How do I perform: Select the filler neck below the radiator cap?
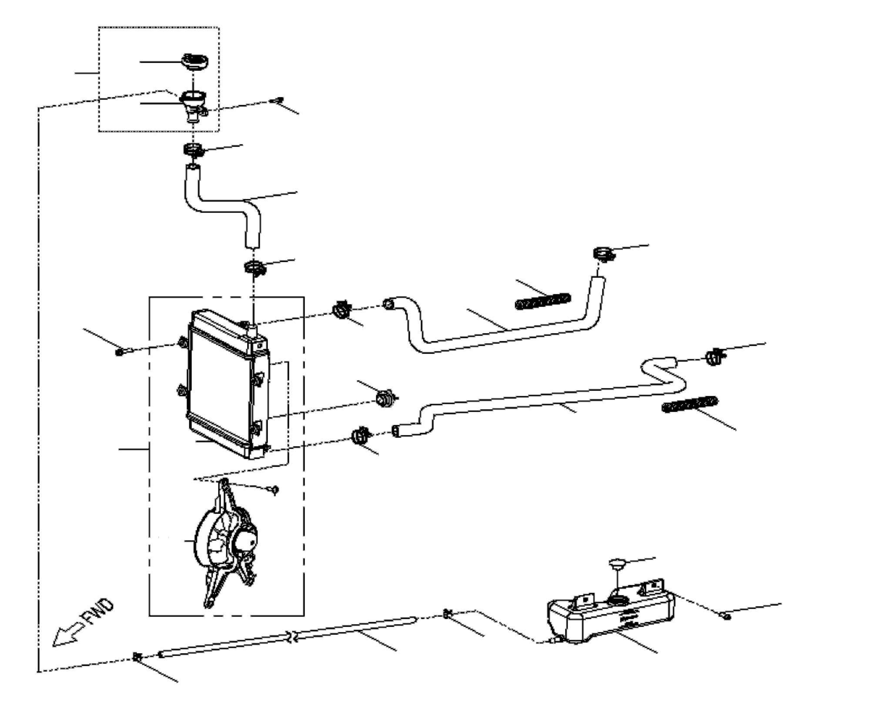194,107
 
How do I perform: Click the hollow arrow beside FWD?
67,634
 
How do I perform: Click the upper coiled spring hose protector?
543,301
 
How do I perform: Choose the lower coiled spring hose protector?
689,404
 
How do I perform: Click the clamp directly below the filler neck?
193,150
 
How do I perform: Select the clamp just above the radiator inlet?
255,267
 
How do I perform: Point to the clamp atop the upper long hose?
604,254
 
